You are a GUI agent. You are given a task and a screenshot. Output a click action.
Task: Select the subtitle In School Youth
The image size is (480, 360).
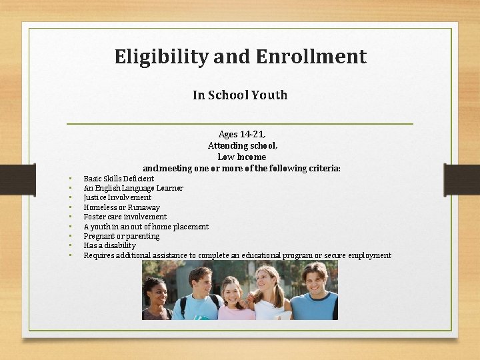(240, 95)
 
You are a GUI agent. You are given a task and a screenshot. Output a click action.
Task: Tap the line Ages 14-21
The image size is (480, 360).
(242, 134)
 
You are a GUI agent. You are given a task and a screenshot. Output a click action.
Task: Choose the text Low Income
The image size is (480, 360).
(242, 157)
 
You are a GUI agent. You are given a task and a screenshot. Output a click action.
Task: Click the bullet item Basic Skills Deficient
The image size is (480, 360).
(119, 179)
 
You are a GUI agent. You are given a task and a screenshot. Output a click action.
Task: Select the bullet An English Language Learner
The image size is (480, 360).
(133, 188)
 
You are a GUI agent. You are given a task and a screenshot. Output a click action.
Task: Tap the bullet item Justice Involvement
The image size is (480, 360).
(117, 197)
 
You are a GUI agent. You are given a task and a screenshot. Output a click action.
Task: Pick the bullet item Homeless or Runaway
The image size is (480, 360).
(121, 207)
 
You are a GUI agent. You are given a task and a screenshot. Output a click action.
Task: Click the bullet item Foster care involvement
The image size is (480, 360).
(125, 217)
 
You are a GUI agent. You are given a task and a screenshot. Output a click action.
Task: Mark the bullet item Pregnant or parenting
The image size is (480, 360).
(121, 236)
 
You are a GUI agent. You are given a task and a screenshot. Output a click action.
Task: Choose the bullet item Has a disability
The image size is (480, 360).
(109, 245)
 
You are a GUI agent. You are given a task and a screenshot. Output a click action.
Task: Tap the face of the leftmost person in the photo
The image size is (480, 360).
(155, 291)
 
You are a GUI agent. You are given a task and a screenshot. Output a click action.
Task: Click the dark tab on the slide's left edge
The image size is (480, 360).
(13, 180)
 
